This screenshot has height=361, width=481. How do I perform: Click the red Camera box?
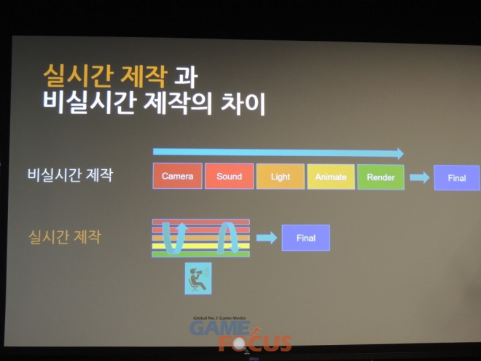[177, 176]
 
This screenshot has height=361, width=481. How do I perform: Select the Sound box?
[229, 176]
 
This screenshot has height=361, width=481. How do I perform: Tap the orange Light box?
[281, 176]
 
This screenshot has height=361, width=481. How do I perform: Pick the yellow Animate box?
[331, 176]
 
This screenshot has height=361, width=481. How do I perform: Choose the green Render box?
[380, 177]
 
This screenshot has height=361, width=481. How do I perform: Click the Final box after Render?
[457, 178]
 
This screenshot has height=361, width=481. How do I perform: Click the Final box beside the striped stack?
[306, 238]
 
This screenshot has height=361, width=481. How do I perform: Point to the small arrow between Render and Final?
[419, 177]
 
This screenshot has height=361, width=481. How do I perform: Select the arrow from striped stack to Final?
[267, 238]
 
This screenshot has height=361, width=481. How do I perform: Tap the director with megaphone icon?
[198, 279]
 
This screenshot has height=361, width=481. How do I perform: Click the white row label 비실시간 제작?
[70, 175]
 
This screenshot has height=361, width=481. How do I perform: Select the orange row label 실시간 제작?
[65, 237]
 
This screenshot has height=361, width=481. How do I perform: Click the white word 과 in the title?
[186, 77]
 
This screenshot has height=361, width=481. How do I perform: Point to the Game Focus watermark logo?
[240, 335]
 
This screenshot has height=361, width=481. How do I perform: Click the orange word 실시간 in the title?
[77, 76]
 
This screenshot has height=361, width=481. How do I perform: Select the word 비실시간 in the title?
[89, 103]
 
